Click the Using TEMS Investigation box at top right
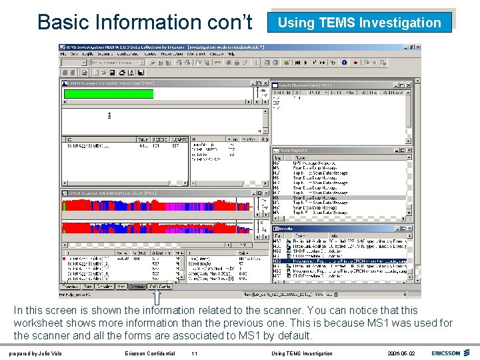(x=359, y=22)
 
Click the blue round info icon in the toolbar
(x=344, y=63)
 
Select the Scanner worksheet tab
(x=137, y=287)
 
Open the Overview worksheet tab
(x=71, y=287)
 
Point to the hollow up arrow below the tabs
(x=158, y=296)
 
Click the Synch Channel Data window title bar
(x=333, y=85)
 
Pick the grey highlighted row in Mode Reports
(x=340, y=197)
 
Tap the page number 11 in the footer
(x=194, y=353)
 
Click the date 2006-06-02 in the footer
(x=401, y=353)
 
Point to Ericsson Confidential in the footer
(x=150, y=353)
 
